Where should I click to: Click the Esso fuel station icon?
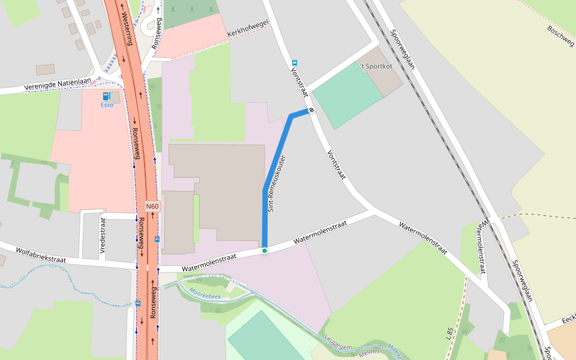coord(106,96)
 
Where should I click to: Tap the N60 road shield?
coord(152,206)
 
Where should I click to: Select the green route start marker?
coord(264,250)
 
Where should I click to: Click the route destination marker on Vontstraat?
coord(311,110)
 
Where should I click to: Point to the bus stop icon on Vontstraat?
coord(294,62)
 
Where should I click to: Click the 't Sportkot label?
coord(376,66)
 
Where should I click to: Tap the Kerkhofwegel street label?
coord(248,28)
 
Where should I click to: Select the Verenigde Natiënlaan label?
coord(58,84)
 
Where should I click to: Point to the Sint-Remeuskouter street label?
coord(277,184)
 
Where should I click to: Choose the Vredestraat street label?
coord(103,235)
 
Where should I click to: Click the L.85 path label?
coord(449,334)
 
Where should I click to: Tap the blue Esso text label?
coord(107,105)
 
